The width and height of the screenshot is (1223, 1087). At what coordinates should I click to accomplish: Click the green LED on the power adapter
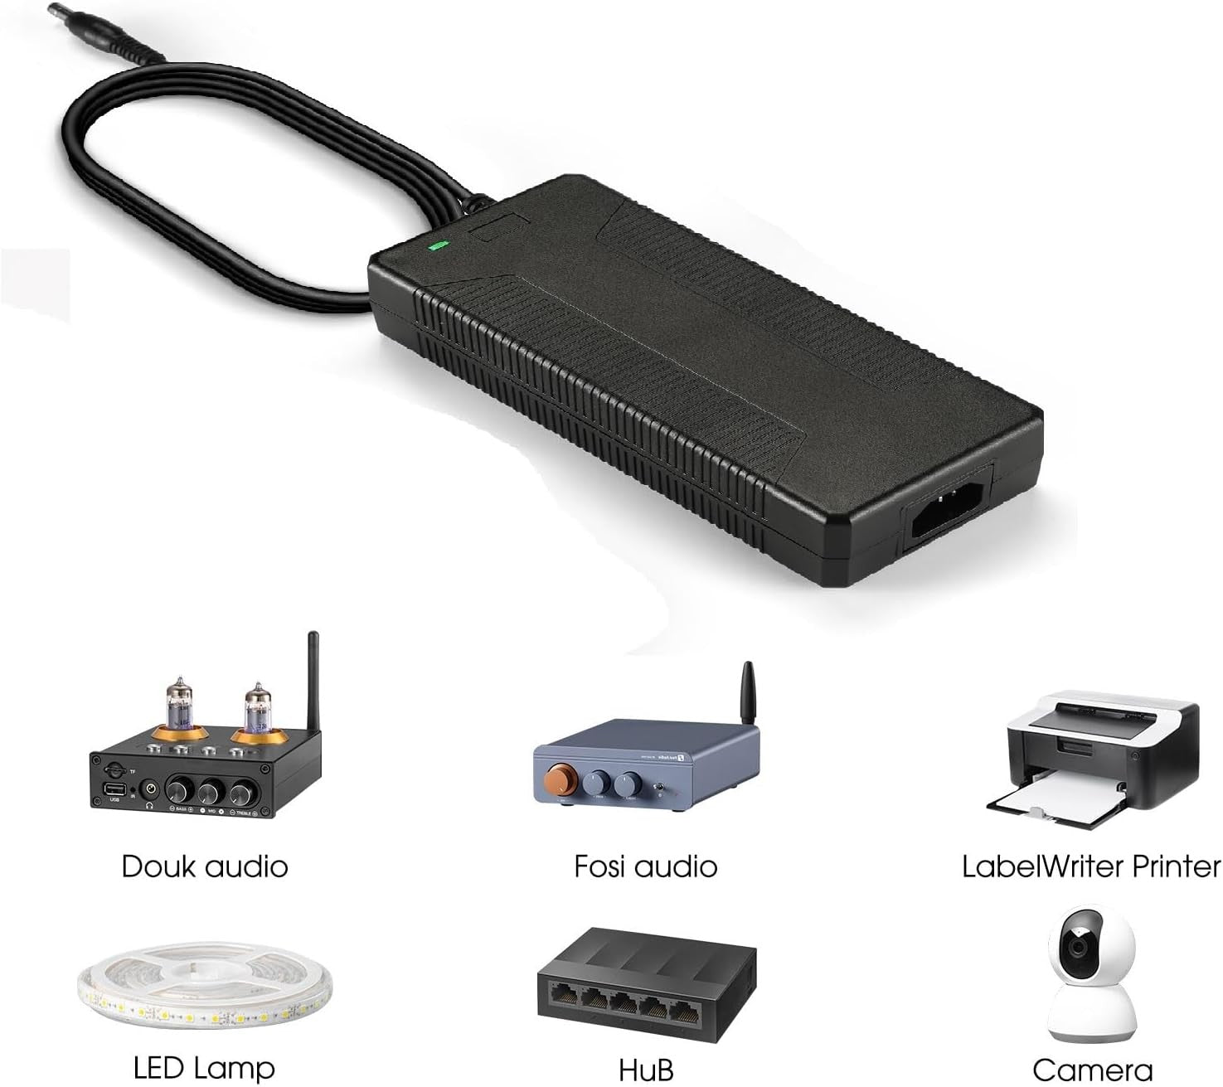pos(438,245)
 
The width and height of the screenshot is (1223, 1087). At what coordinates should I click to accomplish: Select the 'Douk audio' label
pos(205,866)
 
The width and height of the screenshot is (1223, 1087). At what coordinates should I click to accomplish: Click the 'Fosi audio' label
pos(645,866)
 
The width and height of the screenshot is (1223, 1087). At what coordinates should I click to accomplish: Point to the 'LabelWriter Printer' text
pos(1091,866)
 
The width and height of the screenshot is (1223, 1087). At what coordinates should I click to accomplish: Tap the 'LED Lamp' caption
pos(204,1067)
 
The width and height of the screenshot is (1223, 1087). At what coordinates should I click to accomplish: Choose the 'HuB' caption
pos(646,1070)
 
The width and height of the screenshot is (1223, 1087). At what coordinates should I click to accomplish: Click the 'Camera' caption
pos(1093,1070)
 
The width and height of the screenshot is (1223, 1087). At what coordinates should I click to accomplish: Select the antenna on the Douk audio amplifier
pos(313,683)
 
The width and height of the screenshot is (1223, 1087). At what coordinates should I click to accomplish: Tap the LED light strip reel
pos(205,986)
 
